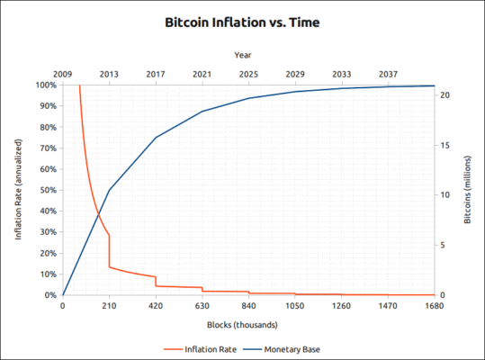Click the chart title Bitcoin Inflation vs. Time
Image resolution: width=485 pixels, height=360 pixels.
point(242,19)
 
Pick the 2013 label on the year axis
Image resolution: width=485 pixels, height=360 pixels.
point(109,74)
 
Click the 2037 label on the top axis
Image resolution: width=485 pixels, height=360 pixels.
point(388,74)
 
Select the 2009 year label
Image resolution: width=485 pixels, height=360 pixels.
point(63,74)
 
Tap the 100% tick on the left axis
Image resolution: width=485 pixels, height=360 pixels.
point(46,85)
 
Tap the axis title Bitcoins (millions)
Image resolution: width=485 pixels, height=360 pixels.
point(469,190)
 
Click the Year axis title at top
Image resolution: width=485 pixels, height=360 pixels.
point(242,56)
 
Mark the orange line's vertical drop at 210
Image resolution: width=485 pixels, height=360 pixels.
point(109,251)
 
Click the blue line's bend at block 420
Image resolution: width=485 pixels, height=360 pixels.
point(156,138)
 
